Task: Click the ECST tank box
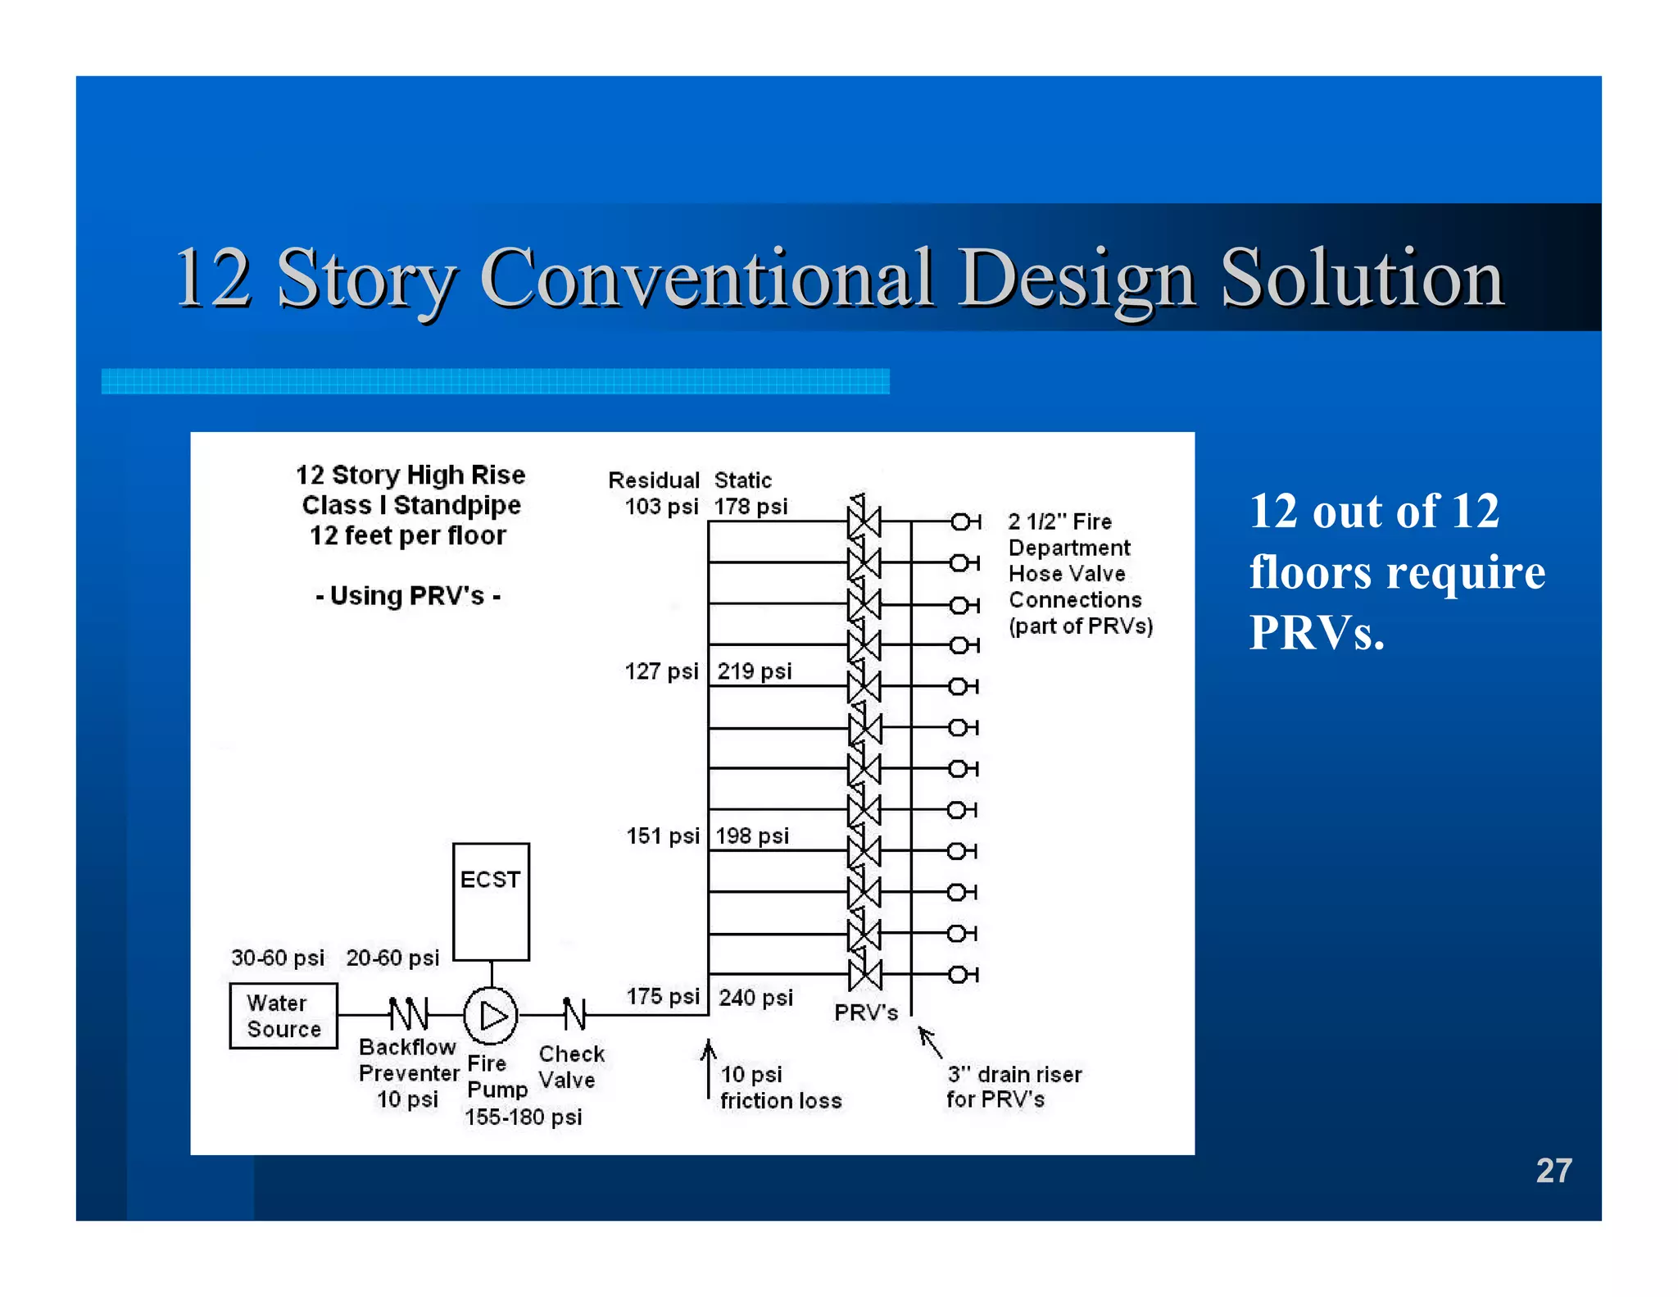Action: point(491,901)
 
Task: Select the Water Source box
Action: point(283,1016)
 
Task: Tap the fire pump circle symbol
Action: point(491,1016)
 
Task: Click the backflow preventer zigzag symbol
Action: point(408,1014)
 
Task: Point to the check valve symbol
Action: point(574,1014)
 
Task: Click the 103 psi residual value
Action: point(660,507)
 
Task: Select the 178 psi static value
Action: point(751,507)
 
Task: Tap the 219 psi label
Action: point(755,671)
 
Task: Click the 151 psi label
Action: point(662,836)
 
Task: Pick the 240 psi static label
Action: point(755,998)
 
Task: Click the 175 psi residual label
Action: point(662,997)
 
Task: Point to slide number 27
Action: point(1553,1171)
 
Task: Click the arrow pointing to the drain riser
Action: point(930,1042)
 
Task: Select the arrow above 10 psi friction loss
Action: point(709,1066)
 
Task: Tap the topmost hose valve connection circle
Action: point(959,521)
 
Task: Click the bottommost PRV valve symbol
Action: point(864,974)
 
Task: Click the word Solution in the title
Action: point(1362,279)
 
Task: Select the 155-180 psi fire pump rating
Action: point(523,1117)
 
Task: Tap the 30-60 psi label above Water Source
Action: point(278,958)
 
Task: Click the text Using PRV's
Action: point(408,596)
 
